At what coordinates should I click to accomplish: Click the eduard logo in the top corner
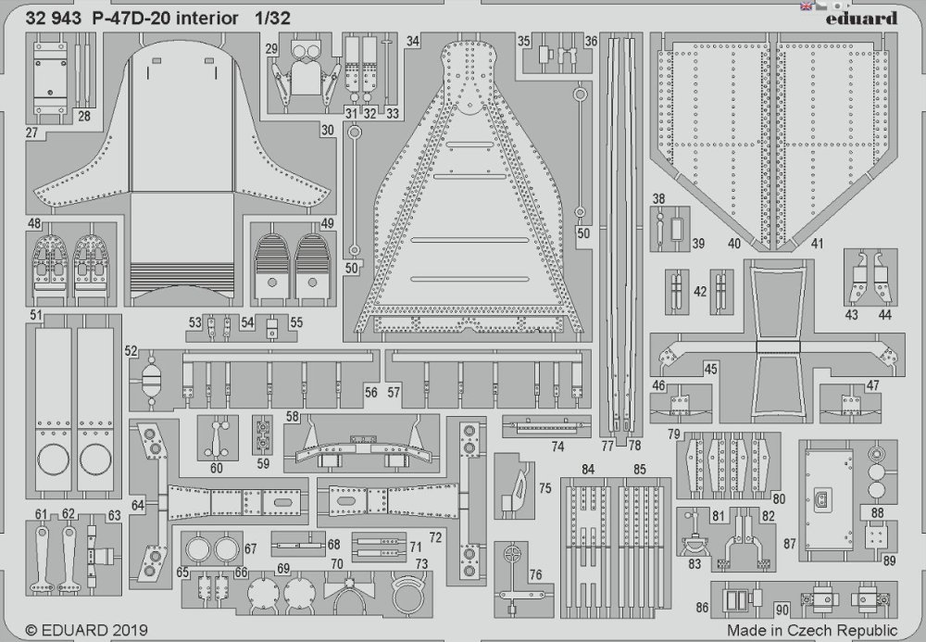point(861,19)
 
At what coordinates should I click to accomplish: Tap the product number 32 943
point(53,19)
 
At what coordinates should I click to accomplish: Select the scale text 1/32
point(273,19)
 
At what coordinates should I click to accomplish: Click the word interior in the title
point(206,19)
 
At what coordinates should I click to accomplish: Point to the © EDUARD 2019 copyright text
point(87,630)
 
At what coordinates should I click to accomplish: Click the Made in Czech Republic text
point(813,630)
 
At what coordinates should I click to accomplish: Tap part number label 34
point(413,41)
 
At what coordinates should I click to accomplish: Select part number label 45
point(710,369)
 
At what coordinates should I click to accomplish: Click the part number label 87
point(790,544)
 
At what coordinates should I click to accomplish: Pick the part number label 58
point(293,416)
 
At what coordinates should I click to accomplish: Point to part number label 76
point(535,574)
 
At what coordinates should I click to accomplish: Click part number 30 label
point(328,130)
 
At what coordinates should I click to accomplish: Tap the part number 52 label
point(131,351)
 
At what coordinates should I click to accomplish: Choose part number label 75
point(544,488)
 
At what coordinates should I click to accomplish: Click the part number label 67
point(250,548)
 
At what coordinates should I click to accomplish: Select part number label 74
point(557,447)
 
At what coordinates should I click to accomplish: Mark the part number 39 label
point(698,244)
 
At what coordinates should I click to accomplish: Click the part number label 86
point(702,607)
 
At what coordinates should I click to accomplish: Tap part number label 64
point(138,505)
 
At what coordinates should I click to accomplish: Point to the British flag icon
point(806,6)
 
